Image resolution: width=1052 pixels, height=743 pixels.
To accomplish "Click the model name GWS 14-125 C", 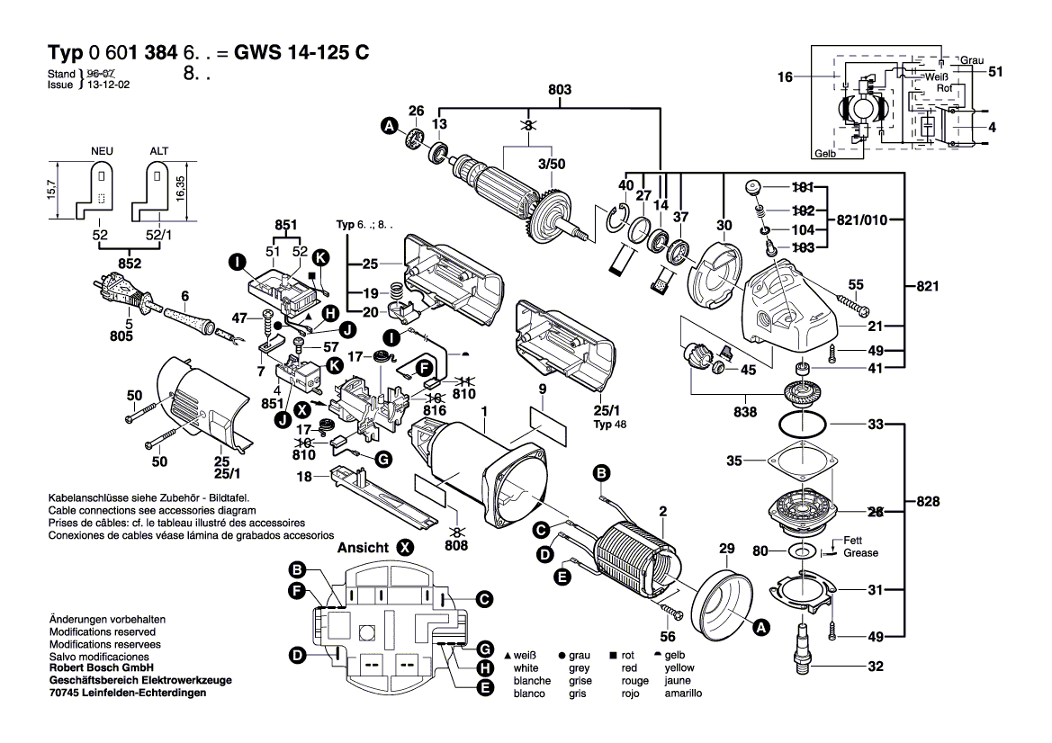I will pyautogui.click(x=301, y=52).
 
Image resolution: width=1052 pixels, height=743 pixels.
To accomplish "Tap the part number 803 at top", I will pyautogui.click(x=559, y=90).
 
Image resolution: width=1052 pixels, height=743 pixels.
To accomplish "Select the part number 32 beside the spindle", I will pyautogui.click(x=876, y=667).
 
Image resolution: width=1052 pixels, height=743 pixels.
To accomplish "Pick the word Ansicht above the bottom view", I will pyautogui.click(x=363, y=547).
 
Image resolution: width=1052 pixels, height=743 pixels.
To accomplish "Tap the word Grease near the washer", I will pyautogui.click(x=860, y=552).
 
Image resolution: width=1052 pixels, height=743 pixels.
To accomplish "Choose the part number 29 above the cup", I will pyautogui.click(x=725, y=550).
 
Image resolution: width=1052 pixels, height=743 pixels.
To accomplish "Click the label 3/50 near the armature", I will pyautogui.click(x=550, y=164).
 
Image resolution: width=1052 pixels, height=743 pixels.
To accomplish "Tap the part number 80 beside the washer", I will pyautogui.click(x=760, y=551).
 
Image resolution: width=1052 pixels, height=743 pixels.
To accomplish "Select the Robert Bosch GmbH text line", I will pyautogui.click(x=102, y=668).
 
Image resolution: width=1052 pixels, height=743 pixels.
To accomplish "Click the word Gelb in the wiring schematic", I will pyautogui.click(x=824, y=154).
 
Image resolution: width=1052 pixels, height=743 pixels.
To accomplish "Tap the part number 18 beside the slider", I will pyautogui.click(x=306, y=476).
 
